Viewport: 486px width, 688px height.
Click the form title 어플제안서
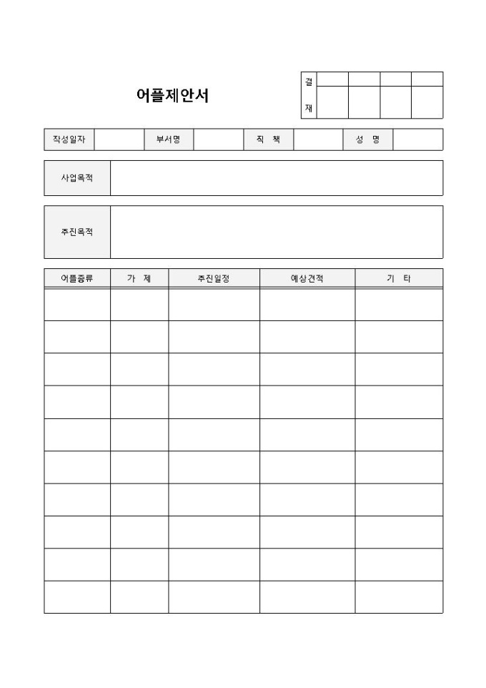[172, 96]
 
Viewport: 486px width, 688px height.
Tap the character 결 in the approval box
[309, 82]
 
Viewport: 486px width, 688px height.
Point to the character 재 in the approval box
[309, 108]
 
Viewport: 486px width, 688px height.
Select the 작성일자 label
[69, 139]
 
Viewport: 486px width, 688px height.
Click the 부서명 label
[169, 139]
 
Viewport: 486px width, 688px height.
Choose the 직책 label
[268, 139]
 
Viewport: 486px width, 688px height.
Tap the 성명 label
[367, 139]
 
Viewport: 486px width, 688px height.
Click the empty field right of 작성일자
[119, 139]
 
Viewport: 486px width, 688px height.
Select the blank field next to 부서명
[218, 139]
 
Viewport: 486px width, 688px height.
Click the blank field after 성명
[417, 139]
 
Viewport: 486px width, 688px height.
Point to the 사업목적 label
[77, 178]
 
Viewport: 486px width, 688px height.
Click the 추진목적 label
[77, 232]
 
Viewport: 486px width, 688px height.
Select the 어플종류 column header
[77, 278]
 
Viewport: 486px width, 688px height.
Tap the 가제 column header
[139, 278]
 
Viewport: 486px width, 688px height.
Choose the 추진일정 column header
[214, 278]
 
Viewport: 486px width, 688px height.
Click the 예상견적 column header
[307, 278]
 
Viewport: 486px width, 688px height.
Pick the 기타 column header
[399, 278]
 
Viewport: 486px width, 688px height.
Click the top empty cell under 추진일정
[214, 305]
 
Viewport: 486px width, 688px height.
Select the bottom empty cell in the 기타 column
[399, 597]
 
